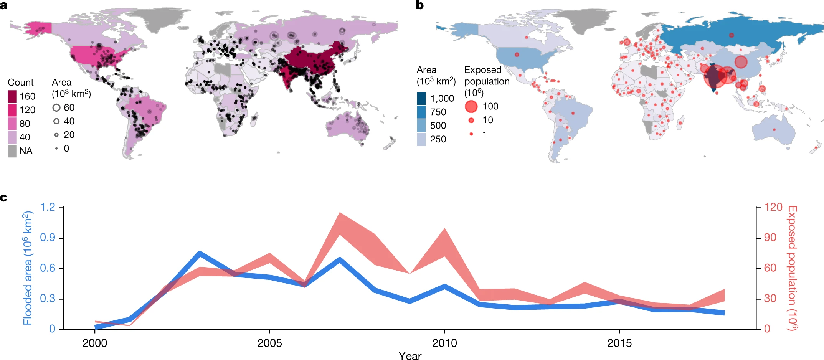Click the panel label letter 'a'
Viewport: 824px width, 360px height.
(3, 5)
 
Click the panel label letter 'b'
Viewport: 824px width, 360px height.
(420, 5)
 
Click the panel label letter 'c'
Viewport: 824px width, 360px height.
(3, 198)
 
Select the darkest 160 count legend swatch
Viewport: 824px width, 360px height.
(12, 96)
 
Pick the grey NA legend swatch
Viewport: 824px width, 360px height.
(12, 151)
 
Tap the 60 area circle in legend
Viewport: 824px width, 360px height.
(56, 107)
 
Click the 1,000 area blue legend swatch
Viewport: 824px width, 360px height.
(421, 98)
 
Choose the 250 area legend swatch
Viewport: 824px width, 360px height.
(421, 139)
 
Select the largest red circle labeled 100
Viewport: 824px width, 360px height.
(471, 106)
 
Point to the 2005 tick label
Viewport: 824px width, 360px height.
(269, 343)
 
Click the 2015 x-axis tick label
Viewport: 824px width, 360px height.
(619, 343)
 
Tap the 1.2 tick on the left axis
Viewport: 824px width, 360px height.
(48, 207)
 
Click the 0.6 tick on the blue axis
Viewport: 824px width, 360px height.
(48, 268)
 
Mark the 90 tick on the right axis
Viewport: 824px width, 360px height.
(770, 238)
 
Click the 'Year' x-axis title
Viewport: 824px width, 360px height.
(410, 356)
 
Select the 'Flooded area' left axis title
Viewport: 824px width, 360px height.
(28, 268)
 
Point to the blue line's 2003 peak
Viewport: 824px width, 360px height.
(200, 253)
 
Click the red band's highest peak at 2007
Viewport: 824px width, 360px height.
(340, 213)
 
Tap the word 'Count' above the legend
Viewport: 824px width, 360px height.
(21, 83)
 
